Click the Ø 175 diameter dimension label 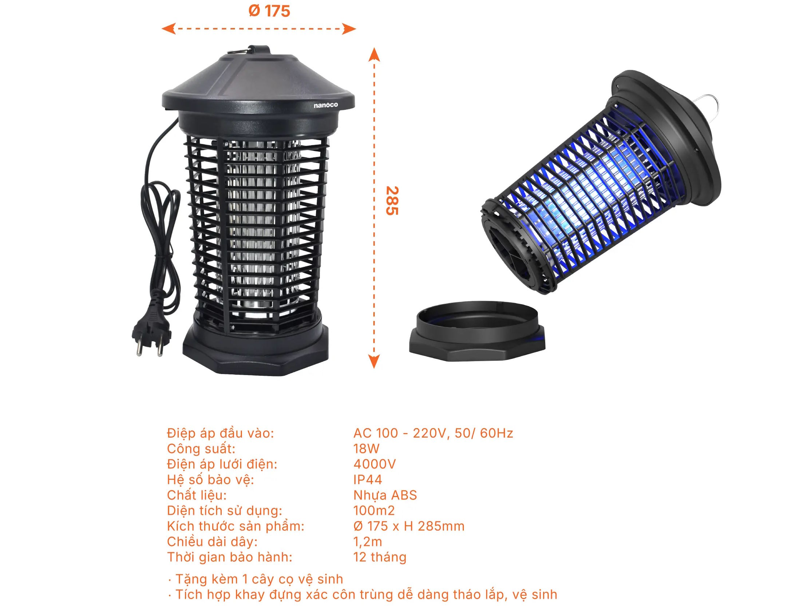point(269,11)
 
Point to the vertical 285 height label point(392,201)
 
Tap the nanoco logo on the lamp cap point(326,105)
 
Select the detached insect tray point(477,332)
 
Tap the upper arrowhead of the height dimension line point(374,54)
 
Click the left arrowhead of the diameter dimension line point(168,29)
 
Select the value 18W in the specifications point(367,448)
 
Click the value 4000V point(375,464)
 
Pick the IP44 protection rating point(368,479)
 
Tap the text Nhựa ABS point(385,495)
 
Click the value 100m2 point(374,511)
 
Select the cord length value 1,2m point(368,541)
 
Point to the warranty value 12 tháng point(380,557)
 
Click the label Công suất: point(201,449)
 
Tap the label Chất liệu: point(197,495)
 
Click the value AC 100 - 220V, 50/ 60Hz point(433,433)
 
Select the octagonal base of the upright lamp point(256,348)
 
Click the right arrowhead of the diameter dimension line point(349,29)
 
